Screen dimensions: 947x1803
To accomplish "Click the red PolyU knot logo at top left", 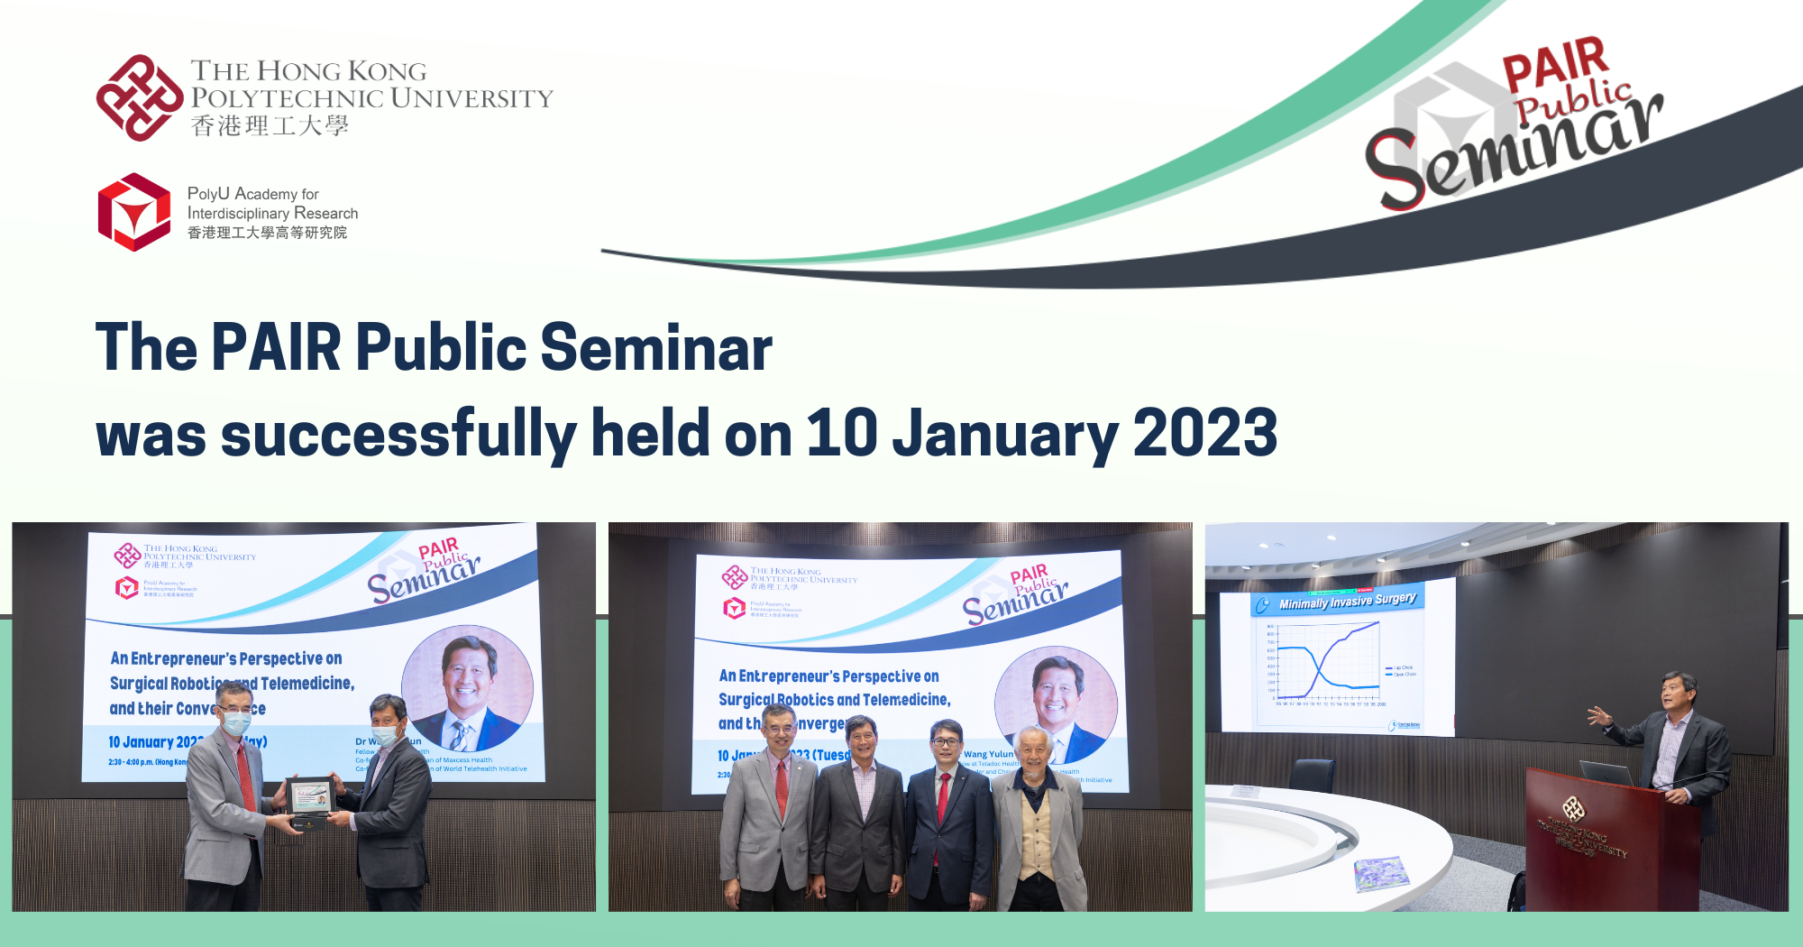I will tap(139, 97).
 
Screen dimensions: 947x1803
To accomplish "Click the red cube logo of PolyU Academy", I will tap(134, 212).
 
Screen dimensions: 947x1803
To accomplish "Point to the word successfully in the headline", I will tap(398, 434).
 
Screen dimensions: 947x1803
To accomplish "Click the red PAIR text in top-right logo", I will tap(1554, 63).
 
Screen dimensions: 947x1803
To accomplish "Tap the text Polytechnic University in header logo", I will tap(371, 97).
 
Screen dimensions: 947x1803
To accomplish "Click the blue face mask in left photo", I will tap(236, 722).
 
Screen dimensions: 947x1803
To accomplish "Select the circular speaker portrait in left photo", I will tap(467, 688).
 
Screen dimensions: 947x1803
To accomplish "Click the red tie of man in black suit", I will tap(942, 794).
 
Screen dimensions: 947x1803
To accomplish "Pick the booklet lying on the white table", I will tap(1381, 873).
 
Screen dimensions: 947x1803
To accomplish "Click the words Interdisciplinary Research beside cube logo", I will tap(272, 213).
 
